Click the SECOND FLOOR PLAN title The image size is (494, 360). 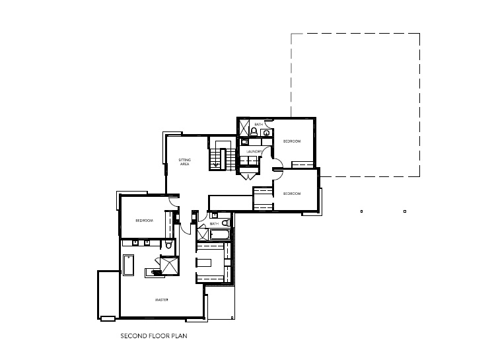(154, 336)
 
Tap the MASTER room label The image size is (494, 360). (162, 300)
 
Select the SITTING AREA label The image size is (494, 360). (185, 162)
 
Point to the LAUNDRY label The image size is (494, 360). (254, 152)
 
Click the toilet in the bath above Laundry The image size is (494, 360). (254, 131)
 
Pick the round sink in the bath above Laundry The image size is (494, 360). (267, 133)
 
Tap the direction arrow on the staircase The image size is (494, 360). (216, 164)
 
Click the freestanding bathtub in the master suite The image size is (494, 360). (129, 265)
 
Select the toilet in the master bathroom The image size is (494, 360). (168, 244)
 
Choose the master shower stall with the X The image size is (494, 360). (170, 266)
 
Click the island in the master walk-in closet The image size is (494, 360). (204, 262)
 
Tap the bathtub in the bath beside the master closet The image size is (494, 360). (219, 235)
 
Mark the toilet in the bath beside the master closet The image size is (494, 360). (226, 223)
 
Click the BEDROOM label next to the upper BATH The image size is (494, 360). (292, 141)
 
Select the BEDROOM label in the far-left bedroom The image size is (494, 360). (144, 221)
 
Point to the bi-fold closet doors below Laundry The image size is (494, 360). (248, 176)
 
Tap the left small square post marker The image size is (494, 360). (362, 211)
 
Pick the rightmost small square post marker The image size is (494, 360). (405, 211)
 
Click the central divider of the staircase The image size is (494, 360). (223, 159)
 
